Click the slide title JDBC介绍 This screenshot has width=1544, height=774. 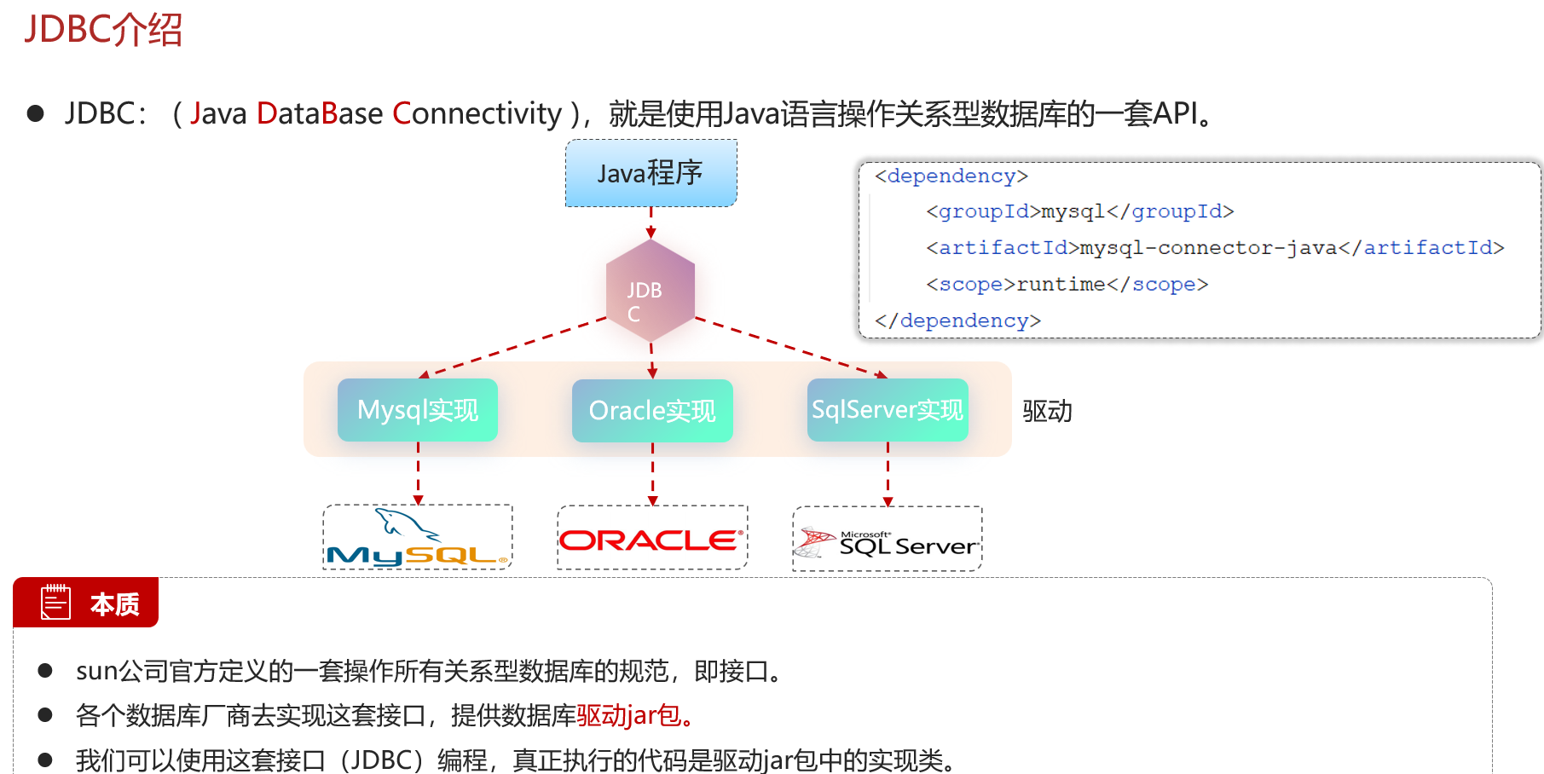[x=103, y=30]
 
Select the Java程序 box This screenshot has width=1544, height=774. [x=651, y=173]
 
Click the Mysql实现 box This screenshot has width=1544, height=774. [x=418, y=410]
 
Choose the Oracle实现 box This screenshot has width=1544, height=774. [x=652, y=411]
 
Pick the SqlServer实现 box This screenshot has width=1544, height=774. [x=888, y=410]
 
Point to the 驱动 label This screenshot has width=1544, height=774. [x=1047, y=411]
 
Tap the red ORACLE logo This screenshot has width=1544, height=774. [x=652, y=540]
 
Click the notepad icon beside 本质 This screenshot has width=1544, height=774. [x=56, y=603]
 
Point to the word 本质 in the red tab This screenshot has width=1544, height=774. [x=115, y=604]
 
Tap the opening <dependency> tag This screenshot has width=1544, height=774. [x=951, y=176]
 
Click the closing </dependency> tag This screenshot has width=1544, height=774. [x=957, y=321]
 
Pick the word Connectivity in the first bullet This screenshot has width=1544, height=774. [x=477, y=113]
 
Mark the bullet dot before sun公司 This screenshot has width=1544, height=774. [x=45, y=671]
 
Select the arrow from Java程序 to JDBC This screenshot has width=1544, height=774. [x=651, y=222]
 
